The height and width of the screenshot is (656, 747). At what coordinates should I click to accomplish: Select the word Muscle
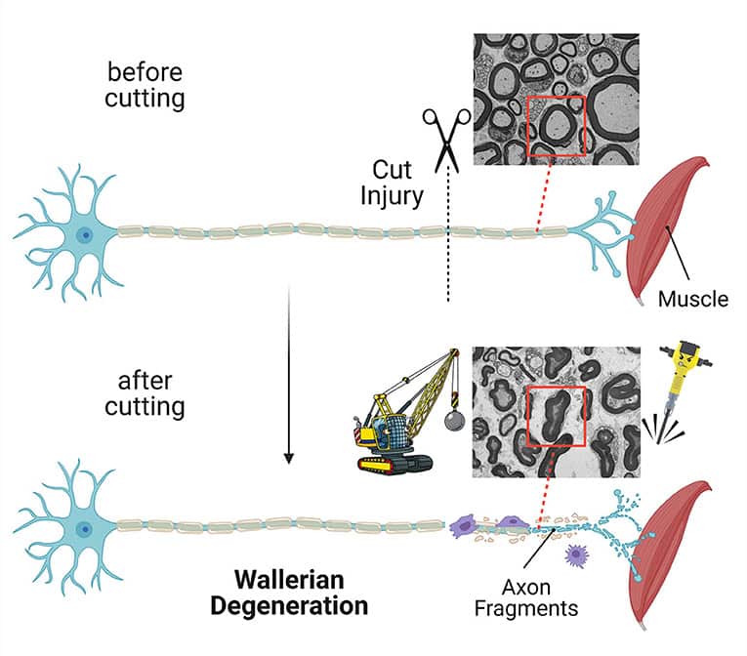click(x=692, y=299)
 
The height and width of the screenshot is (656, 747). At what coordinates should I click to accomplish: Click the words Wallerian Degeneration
click(x=292, y=593)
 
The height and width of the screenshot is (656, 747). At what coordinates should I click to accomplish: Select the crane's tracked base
click(x=395, y=462)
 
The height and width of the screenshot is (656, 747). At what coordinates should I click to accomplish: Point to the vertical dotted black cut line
click(x=448, y=254)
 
